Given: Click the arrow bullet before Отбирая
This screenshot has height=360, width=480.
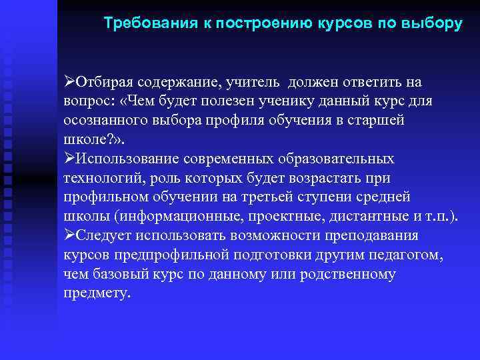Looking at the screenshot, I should click(x=70, y=82).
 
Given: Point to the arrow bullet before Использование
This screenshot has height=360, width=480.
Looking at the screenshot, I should click(x=70, y=159).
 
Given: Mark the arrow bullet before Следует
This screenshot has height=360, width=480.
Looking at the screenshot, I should click(x=70, y=236).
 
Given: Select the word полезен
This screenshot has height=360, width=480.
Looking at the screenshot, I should click(x=234, y=101).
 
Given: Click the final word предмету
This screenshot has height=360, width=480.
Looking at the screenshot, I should click(x=97, y=294).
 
